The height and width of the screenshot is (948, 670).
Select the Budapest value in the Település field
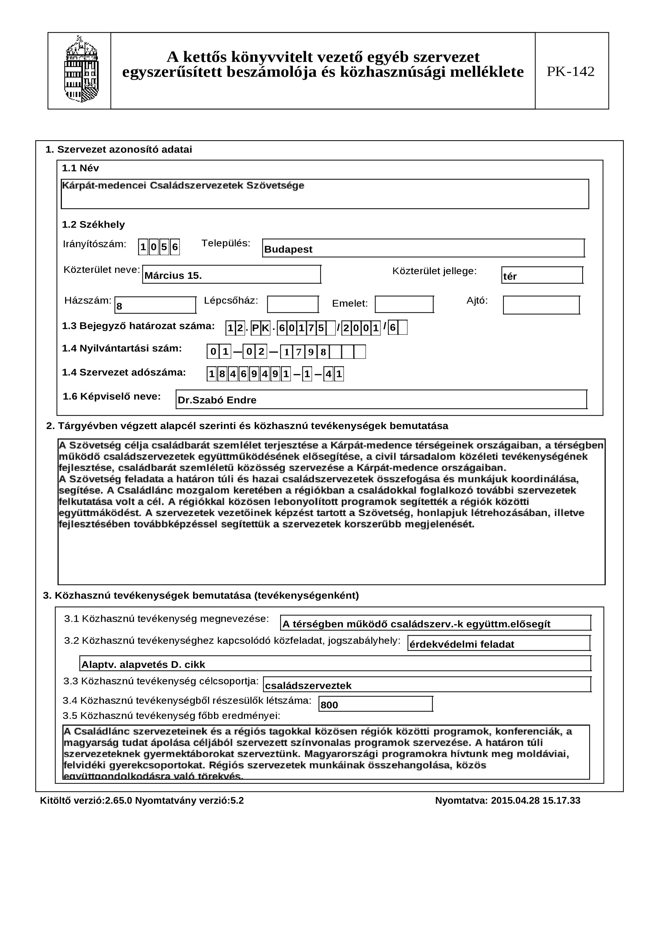288,249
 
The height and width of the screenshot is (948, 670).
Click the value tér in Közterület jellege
510,276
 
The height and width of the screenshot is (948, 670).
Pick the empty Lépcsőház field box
293,304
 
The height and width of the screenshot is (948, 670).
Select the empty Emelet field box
404,304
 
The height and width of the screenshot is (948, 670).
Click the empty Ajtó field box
541,305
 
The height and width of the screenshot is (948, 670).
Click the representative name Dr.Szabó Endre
217,400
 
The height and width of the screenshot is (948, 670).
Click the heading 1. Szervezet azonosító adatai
119,149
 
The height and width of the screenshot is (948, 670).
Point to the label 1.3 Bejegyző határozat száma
138,326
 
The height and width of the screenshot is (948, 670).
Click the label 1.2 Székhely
93,225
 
